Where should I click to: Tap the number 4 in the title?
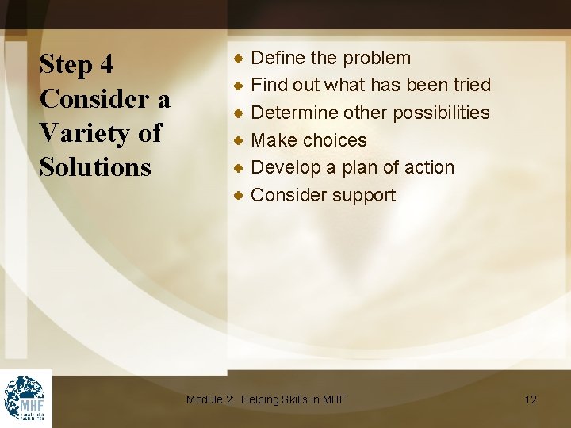[105, 65]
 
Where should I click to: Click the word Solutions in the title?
[95, 167]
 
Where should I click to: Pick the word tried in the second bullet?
[469, 85]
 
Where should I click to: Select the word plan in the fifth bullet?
[364, 167]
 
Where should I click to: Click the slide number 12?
[531, 399]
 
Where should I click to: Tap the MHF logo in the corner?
[25, 398]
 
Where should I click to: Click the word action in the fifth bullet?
[429, 167]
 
